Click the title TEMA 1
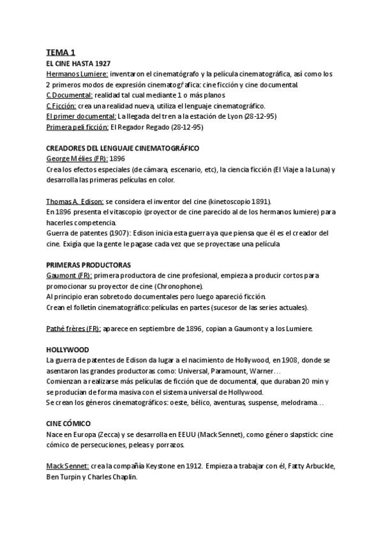[61, 53]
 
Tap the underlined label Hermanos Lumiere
[77, 74]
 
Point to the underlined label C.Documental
[68, 95]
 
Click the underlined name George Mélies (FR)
[77, 158]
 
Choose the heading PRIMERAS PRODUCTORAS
[88, 264]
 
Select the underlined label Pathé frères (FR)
[73, 328]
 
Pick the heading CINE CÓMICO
[68, 423]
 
